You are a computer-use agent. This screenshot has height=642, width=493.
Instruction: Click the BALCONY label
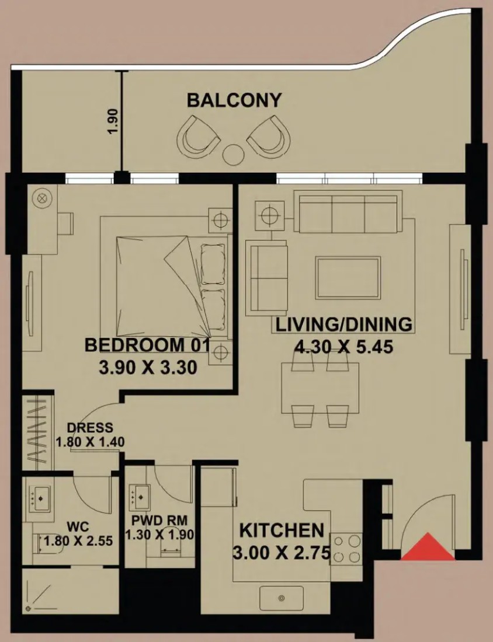tap(234, 100)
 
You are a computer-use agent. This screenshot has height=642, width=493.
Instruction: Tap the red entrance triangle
tap(428, 547)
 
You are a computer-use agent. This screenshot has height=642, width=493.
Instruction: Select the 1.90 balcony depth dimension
tap(113, 120)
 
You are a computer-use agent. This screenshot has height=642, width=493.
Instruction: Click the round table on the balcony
tap(233, 154)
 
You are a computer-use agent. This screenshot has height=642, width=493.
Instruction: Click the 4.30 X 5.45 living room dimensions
tap(344, 347)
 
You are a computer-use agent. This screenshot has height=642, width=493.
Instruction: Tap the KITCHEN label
tap(282, 531)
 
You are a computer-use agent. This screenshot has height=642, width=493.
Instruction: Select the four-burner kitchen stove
tap(346, 549)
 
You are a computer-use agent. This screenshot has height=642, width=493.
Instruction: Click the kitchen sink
tap(281, 598)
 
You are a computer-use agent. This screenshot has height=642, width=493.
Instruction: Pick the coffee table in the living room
tap(348, 278)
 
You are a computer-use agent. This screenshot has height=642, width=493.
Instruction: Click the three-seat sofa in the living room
tap(348, 213)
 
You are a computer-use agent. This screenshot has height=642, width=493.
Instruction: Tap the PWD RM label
tap(159, 521)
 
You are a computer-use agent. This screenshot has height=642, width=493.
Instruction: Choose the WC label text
tap(78, 526)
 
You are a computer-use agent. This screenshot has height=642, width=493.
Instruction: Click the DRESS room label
tap(90, 427)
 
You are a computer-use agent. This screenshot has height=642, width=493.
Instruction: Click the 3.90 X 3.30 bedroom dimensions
tap(148, 367)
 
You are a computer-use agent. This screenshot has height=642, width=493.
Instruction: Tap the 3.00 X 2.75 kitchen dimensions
tap(282, 553)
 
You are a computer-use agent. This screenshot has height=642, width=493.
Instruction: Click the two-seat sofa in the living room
tap(266, 278)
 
